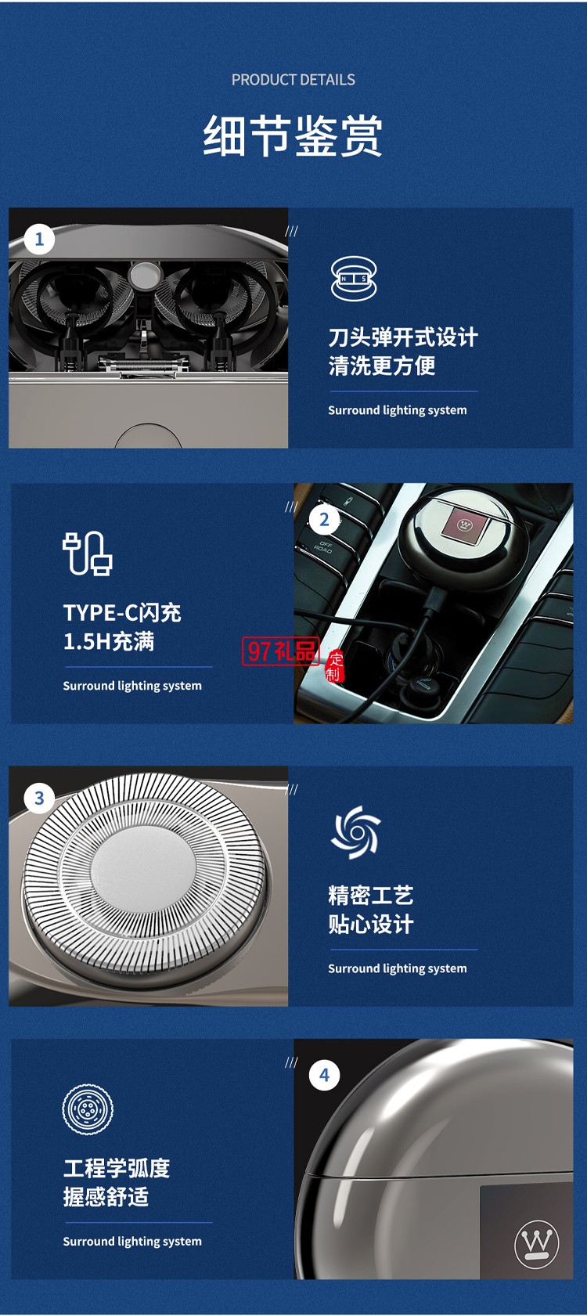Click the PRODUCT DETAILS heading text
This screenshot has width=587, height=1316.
coord(293,80)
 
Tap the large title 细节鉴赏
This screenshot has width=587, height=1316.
coord(293,135)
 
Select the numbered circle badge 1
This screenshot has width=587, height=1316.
coord(39,239)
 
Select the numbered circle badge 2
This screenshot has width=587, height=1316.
coord(324,520)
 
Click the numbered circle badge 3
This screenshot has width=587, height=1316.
coord(39,799)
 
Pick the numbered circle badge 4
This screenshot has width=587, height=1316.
coord(324,1075)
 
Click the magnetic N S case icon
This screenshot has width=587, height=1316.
coord(354,279)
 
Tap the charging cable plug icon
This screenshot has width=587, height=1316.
coord(87,553)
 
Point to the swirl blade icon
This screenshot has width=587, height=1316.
coord(355,832)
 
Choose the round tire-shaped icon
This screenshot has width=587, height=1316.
coord(87,1109)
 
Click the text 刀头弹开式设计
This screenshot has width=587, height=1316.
coord(402,337)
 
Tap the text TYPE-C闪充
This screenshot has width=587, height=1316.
coord(122,613)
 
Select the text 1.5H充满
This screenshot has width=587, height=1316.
coord(109,642)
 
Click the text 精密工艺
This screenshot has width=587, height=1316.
coord(370,896)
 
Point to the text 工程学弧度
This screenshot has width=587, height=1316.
coord(117,1169)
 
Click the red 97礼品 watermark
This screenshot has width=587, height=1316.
coord(280,651)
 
